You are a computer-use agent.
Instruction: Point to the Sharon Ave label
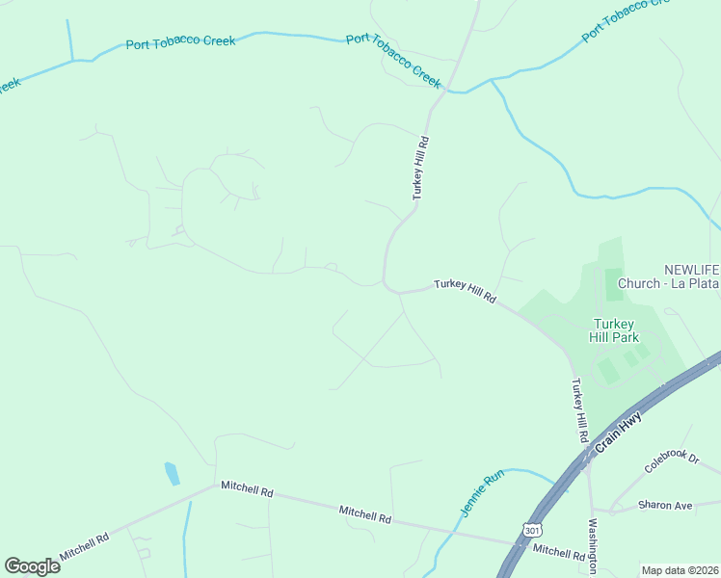(x=665, y=505)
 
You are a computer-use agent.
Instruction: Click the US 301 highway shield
(x=532, y=531)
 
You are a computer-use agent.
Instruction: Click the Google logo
(x=32, y=565)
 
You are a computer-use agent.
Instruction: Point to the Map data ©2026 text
(x=680, y=570)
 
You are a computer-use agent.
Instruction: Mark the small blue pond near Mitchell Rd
(x=173, y=474)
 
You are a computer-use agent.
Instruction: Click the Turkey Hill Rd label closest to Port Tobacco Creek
(x=420, y=168)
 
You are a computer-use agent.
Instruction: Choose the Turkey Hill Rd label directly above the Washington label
(x=579, y=410)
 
